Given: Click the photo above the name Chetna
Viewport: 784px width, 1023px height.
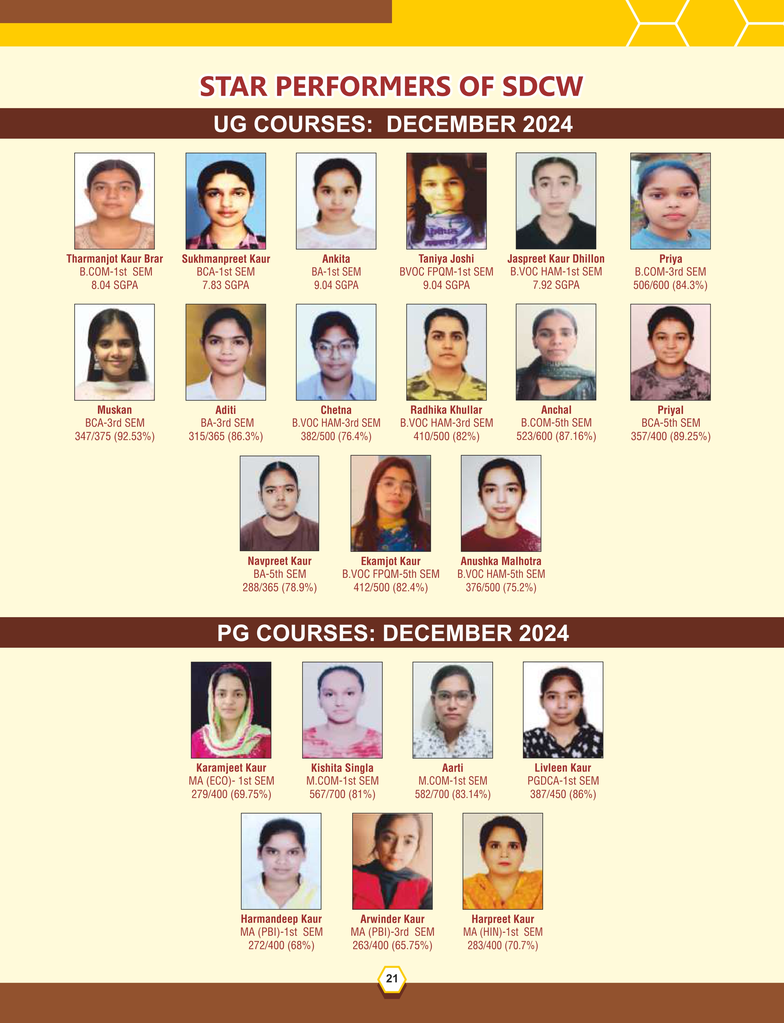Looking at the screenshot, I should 336,352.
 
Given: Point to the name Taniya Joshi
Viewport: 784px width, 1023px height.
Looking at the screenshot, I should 446,259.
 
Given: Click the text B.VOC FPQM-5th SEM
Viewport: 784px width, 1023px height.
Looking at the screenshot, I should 390,574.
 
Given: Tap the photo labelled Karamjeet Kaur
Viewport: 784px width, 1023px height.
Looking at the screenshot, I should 231,710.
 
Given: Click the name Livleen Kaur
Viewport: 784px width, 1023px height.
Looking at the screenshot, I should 563,768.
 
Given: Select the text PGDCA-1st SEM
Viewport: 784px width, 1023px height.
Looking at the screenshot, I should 563,781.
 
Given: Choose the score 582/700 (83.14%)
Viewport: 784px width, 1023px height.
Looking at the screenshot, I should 453,794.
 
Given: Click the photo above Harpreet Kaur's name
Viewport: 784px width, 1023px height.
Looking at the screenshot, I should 503,861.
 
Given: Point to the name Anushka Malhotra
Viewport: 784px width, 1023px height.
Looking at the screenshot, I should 501,561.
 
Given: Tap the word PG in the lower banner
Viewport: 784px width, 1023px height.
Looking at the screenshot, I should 234,634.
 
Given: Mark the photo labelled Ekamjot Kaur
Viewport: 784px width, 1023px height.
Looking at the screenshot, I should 390,503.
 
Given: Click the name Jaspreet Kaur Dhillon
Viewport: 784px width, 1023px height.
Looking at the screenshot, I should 556,259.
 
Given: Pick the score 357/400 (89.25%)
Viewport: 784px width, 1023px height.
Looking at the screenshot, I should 671,436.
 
